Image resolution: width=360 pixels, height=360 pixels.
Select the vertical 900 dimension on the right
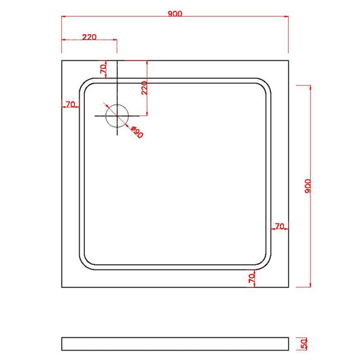[x=308, y=187]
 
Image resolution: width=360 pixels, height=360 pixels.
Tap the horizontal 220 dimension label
[x=88, y=37]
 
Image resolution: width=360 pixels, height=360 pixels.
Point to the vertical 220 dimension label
[x=143, y=88]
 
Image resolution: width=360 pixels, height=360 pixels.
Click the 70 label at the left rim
[x=70, y=105]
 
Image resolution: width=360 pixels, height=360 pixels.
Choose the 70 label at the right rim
[x=279, y=226]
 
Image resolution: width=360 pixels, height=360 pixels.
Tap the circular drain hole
[x=118, y=115]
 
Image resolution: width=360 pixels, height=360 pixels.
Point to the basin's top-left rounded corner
[x=86, y=84]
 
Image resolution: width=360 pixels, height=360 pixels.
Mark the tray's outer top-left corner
[x=62, y=61]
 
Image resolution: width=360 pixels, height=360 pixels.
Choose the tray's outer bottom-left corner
[x=62, y=287]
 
